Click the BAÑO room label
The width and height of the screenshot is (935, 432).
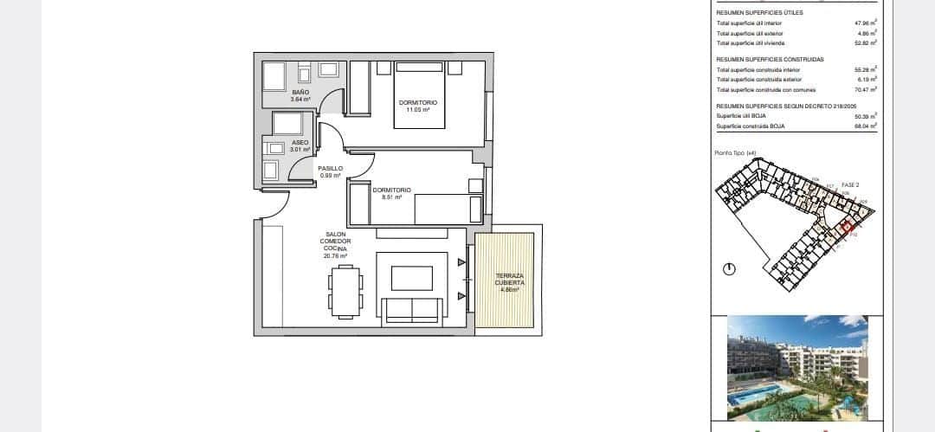(x=300, y=92)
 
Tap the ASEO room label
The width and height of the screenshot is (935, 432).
(x=300, y=142)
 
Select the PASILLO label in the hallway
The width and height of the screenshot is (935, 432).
(x=330, y=169)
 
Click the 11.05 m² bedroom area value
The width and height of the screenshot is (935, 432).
(x=417, y=109)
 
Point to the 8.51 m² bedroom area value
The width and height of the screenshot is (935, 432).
(x=391, y=197)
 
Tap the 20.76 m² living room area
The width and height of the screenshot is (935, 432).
(x=336, y=256)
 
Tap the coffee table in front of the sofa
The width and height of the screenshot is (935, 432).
(x=412, y=278)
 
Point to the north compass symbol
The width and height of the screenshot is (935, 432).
(x=728, y=270)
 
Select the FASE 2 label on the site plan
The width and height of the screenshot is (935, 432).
(x=850, y=184)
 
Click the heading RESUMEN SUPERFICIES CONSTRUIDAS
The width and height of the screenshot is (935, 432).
(x=770, y=59)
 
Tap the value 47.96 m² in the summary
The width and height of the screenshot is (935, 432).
(x=866, y=24)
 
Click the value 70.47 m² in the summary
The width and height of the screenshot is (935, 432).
(x=866, y=89)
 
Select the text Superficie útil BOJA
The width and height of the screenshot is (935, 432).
(x=741, y=115)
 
